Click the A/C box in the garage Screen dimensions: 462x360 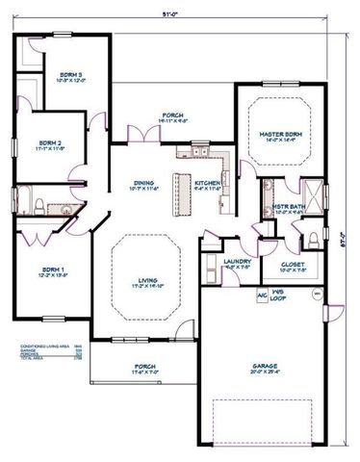pyautogui.click(x=261, y=295)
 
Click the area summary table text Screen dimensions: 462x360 pyautogui.click(x=47, y=349)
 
